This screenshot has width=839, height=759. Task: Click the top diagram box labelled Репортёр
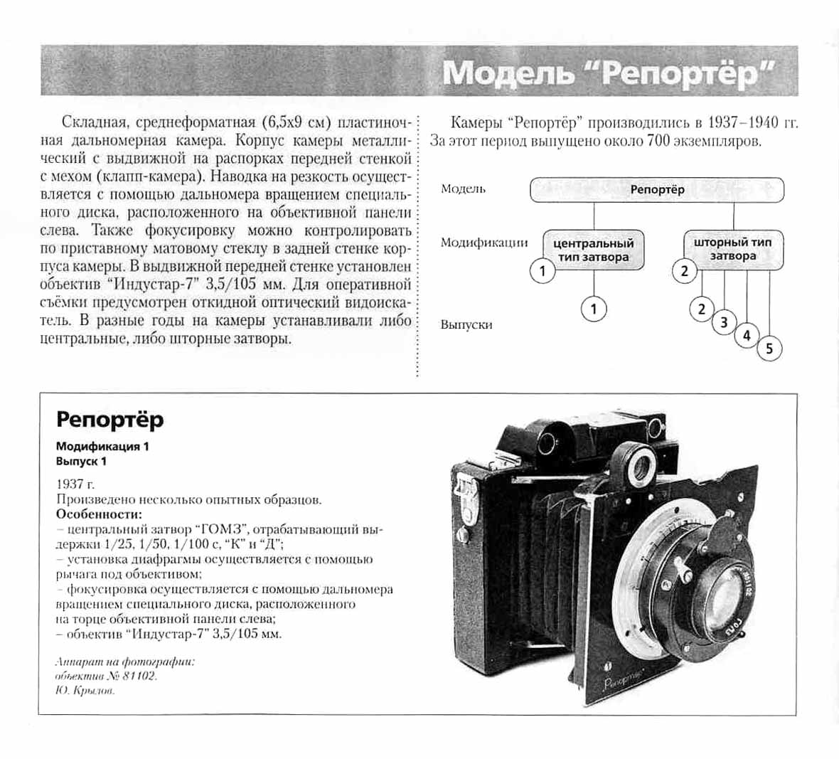point(657,190)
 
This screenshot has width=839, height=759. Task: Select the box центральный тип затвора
point(594,250)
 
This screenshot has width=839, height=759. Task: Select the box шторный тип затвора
point(733,249)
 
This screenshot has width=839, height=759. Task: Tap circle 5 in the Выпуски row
point(769,349)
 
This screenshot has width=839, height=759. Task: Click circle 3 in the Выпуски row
point(724,322)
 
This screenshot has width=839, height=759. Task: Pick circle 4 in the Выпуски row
point(747,336)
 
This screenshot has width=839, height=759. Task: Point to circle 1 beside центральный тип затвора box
point(543,271)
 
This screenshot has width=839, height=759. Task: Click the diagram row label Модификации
point(483,243)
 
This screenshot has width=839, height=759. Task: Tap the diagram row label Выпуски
point(466,324)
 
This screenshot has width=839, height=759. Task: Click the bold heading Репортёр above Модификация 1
point(109,420)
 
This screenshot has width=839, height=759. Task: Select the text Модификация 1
point(102,447)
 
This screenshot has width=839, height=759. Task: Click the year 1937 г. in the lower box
point(75,484)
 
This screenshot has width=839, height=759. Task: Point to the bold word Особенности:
point(99,514)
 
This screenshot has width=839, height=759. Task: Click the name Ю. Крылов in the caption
point(85,690)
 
